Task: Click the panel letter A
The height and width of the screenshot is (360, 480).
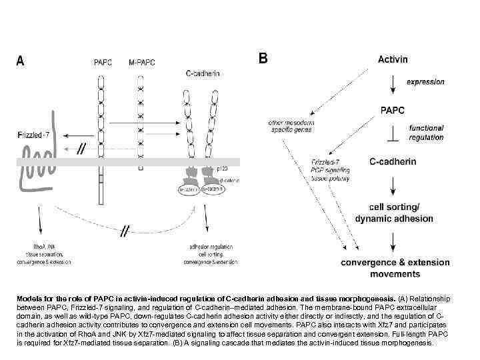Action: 21,61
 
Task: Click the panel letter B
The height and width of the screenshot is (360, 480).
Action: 263,58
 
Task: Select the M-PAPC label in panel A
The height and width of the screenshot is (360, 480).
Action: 141,63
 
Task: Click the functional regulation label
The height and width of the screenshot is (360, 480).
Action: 427,133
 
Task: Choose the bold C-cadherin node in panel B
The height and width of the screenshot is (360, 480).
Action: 393,161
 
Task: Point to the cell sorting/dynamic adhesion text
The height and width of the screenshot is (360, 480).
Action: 394,213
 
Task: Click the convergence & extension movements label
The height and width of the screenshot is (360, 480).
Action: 395,268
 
